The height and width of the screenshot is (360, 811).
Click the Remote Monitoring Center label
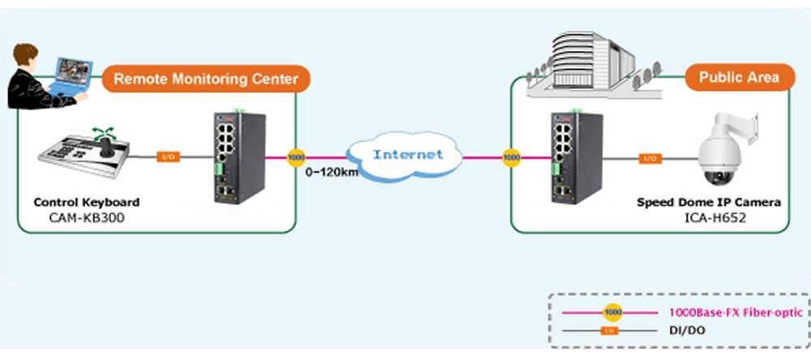[206, 79]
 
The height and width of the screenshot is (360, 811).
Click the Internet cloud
[407, 153]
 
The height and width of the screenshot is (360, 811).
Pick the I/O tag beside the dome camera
[650, 158]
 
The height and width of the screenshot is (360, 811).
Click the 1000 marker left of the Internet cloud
[298, 156]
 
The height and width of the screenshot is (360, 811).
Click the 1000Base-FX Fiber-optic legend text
[736, 312]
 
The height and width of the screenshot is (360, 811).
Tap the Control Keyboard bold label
[86, 202]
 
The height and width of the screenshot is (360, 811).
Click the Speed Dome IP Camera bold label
[709, 202]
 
